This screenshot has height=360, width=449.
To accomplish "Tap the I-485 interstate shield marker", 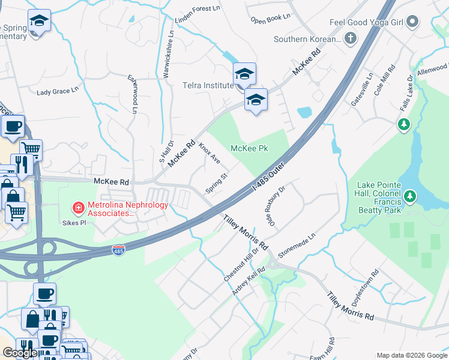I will pyautogui.click(x=119, y=248).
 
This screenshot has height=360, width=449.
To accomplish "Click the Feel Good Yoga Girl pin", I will pyautogui.click(x=412, y=23).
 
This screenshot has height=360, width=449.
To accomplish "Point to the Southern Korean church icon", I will pyautogui.click(x=350, y=39).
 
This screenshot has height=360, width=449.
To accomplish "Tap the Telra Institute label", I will pyautogui.click(x=208, y=86).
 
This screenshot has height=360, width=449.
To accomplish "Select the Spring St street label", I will pyautogui.click(x=217, y=184).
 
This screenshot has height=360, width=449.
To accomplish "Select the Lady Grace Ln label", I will pyautogui.click(x=58, y=91).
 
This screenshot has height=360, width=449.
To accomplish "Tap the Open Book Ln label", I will pyautogui.click(x=271, y=19).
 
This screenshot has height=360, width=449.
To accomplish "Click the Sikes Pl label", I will pyautogui.click(x=76, y=222).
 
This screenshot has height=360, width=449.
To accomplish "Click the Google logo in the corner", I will pyautogui.click(x=20, y=353).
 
